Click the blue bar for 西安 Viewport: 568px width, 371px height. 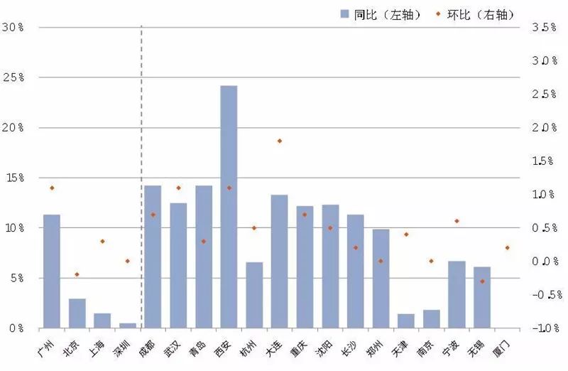pyautogui.click(x=229, y=207)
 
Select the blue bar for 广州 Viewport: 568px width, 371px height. pyautogui.click(x=52, y=271)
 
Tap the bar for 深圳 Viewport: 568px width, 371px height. pyautogui.click(x=128, y=326)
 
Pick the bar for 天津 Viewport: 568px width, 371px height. pyautogui.click(x=406, y=321)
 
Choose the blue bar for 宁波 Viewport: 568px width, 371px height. pyautogui.click(x=457, y=294)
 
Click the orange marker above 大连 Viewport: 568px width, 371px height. pyautogui.click(x=280, y=141)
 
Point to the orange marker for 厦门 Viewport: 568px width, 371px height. pyautogui.click(x=508, y=248)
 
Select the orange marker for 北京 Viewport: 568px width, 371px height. pyautogui.click(x=77, y=274)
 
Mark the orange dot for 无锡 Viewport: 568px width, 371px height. pyautogui.click(x=482, y=281)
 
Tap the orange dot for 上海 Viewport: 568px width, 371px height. pyautogui.click(x=102, y=241)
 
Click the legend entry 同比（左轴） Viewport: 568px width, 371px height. pyautogui.click(x=381, y=14)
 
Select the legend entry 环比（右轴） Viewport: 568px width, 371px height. pyautogui.click(x=475, y=14)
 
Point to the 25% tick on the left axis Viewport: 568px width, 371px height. pyautogui.click(x=13, y=77)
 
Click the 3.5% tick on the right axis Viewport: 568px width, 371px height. pyautogui.click(x=544, y=27)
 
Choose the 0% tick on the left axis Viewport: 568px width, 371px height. pyautogui.click(x=16, y=328)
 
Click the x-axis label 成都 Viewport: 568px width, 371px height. pyautogui.click(x=148, y=348)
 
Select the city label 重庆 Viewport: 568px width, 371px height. pyautogui.click(x=299, y=348)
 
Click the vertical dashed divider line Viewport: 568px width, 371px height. pyautogui.click(x=141, y=177)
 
